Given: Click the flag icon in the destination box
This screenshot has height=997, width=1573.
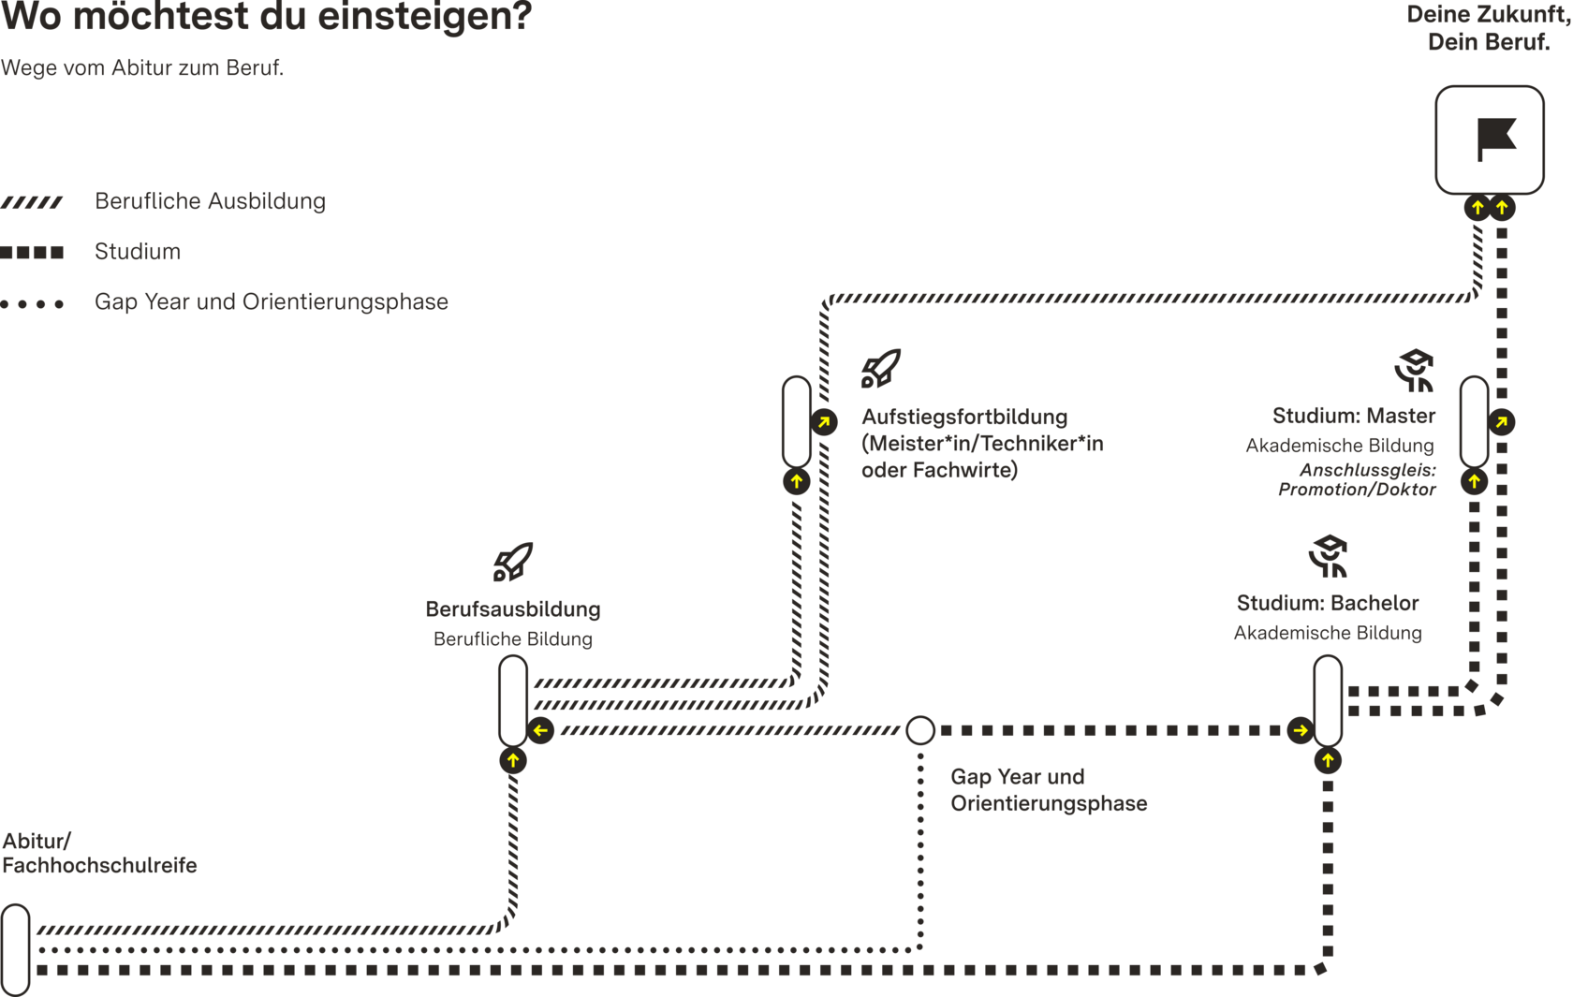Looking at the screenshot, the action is tap(1496, 139).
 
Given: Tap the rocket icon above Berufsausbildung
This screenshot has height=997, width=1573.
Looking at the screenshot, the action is tap(513, 562).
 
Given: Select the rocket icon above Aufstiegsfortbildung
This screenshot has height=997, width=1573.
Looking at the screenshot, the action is tap(880, 369).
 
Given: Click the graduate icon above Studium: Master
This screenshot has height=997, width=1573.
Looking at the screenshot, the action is tap(1414, 370).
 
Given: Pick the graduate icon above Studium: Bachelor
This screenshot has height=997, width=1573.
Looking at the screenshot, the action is tap(1328, 556).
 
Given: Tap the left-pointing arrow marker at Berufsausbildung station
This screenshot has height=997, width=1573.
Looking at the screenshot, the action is tap(540, 730).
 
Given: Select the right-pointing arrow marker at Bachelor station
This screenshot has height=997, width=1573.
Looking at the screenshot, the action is tap(1301, 730).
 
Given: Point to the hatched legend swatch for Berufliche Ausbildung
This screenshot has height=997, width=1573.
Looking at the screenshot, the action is tap(32, 203).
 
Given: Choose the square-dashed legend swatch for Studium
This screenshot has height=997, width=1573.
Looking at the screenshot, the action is tap(32, 252).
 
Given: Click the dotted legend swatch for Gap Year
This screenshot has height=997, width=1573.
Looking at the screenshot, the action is tap(32, 304).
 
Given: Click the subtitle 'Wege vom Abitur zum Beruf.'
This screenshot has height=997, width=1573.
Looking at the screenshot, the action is tap(142, 68).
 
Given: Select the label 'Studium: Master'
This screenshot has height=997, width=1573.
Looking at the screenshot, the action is tap(1354, 416).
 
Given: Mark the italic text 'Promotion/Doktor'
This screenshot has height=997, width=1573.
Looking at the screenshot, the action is tap(1357, 490).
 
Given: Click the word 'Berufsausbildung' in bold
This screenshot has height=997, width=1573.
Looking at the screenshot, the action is tap(513, 609).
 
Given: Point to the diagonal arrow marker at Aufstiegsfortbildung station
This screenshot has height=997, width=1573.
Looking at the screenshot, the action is tap(824, 422).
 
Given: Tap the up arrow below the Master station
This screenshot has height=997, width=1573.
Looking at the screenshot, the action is tap(1474, 481).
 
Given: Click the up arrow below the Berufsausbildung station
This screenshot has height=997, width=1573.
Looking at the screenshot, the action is tap(513, 760).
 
